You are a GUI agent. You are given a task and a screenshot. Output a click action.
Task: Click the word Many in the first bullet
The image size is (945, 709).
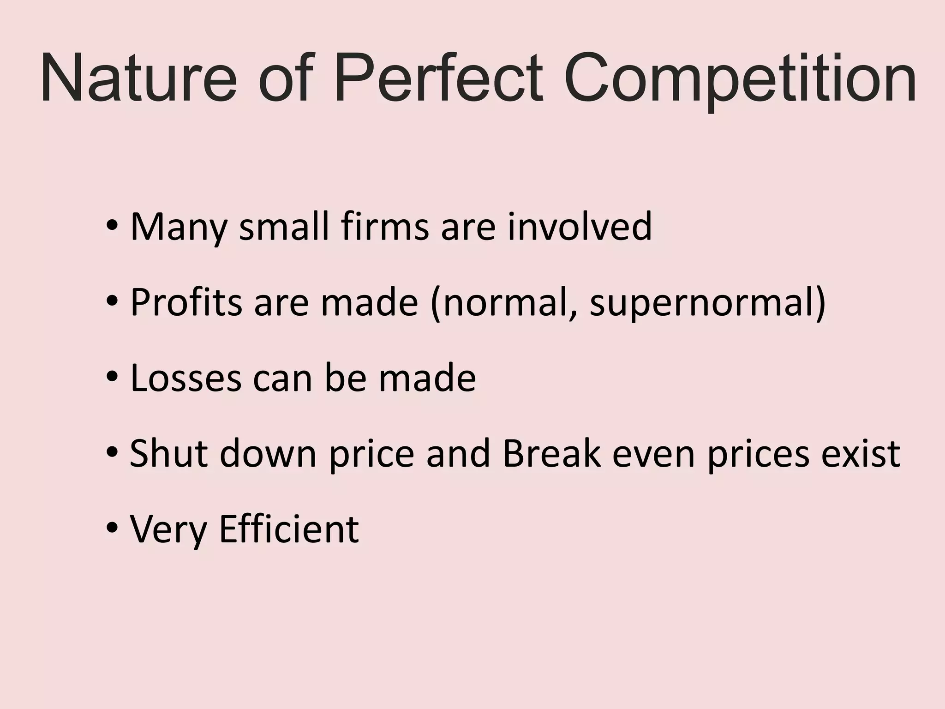(179, 227)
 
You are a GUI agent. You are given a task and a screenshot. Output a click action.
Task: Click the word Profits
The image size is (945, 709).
(186, 302)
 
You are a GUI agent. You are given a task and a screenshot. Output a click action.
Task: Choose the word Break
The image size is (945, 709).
(551, 453)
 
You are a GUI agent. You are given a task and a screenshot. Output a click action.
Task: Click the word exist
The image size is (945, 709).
(861, 453)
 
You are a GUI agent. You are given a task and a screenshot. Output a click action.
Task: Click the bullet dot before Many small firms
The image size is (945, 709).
(112, 227)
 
